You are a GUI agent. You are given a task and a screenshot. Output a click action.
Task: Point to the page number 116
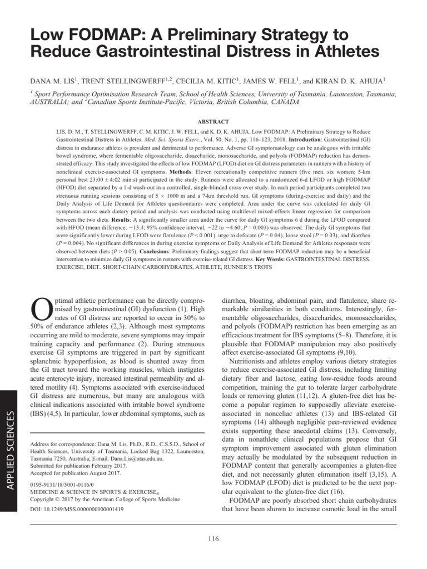tap(213, 538)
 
